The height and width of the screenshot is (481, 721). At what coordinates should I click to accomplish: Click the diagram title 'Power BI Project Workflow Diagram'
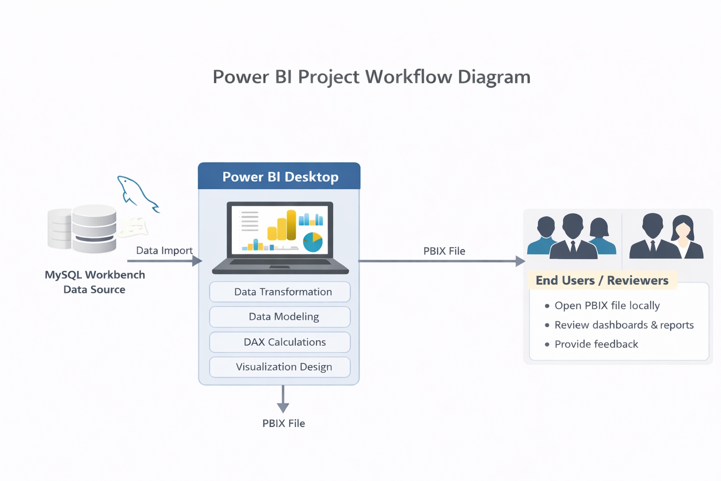[x=371, y=77]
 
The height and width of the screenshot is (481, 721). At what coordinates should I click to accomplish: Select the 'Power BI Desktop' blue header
[x=280, y=177]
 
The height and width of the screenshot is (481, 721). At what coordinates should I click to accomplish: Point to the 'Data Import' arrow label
[x=164, y=250]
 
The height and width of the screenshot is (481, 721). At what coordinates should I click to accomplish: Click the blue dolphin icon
[x=137, y=193]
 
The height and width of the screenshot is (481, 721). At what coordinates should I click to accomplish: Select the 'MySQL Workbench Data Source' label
[x=94, y=282]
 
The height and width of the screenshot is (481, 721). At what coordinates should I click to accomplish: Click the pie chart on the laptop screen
[x=313, y=242]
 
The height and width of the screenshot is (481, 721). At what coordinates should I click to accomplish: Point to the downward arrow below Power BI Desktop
[x=283, y=399]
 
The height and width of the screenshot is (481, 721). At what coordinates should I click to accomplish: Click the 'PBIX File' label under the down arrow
[x=284, y=423]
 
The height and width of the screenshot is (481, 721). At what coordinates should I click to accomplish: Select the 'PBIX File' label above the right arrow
[x=444, y=251]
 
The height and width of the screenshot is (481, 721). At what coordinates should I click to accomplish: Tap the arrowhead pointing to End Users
[x=520, y=261]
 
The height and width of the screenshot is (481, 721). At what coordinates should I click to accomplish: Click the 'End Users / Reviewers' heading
[x=602, y=280]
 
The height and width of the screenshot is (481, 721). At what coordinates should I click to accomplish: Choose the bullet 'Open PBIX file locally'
[x=607, y=306]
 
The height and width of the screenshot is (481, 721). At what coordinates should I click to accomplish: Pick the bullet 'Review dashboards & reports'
[x=624, y=325]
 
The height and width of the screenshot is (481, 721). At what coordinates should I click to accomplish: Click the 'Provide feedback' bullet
[x=596, y=344]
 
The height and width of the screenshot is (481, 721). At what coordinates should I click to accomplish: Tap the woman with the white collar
[x=684, y=237]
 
